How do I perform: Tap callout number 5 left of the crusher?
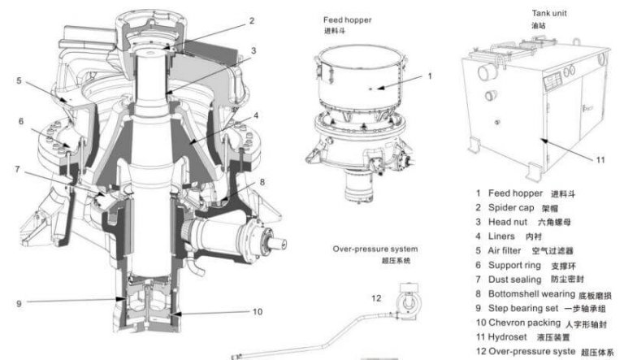tap(17, 80)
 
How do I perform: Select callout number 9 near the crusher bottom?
tap(17, 304)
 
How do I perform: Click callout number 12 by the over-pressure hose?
tap(375, 298)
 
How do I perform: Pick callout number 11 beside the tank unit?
tap(600, 159)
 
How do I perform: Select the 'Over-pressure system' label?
tap(375, 248)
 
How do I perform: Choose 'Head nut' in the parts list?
tap(508, 222)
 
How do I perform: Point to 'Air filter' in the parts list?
tap(508, 250)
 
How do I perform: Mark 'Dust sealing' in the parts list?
tap(513, 279)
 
